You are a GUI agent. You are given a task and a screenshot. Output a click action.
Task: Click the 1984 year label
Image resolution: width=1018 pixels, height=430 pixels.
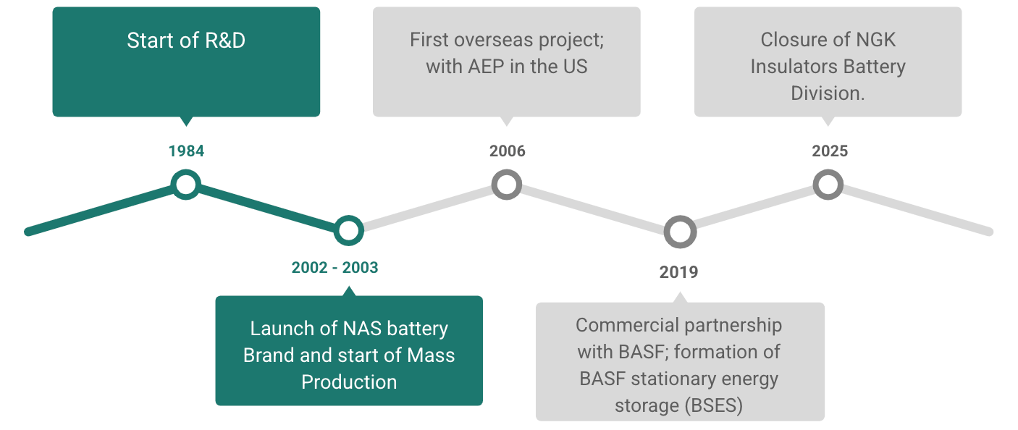coord(186,151)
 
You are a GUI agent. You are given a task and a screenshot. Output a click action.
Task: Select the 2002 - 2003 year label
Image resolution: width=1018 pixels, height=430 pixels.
coord(335,268)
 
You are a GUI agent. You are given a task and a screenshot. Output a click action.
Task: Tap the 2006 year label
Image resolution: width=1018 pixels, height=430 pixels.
coord(507,151)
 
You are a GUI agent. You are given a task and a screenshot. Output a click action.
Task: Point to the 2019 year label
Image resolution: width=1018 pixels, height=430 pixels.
coord(678,272)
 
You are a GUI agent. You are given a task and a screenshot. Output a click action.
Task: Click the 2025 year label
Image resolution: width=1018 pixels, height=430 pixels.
coord(829,151)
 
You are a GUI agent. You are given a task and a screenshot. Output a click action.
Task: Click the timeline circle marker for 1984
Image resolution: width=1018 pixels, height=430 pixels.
coord(186,184)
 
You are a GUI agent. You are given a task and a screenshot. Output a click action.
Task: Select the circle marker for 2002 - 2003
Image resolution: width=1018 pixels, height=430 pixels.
coord(348,231)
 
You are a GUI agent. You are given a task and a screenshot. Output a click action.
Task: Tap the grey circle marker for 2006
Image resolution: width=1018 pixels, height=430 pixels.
coord(507,184)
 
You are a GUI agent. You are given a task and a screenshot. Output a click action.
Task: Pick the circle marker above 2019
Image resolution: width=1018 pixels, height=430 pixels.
coord(680,232)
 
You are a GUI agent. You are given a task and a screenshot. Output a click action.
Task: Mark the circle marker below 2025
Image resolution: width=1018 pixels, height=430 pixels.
coord(828,184)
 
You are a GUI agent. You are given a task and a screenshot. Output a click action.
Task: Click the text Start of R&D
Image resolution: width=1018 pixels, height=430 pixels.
coord(186,41)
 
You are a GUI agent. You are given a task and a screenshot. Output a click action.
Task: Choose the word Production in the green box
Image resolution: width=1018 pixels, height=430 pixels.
coord(349,382)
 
